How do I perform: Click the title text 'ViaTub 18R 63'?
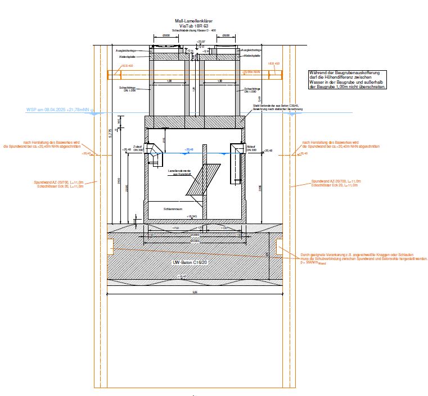click(x=193, y=26)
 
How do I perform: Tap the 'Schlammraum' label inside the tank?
click(x=171, y=208)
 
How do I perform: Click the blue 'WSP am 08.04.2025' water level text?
click(x=58, y=110)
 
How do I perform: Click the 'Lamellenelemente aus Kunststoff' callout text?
click(x=182, y=172)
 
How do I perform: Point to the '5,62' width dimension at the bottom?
click(x=195, y=292)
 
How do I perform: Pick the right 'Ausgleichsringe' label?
click(x=250, y=50)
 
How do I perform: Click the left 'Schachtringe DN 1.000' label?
click(x=127, y=90)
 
